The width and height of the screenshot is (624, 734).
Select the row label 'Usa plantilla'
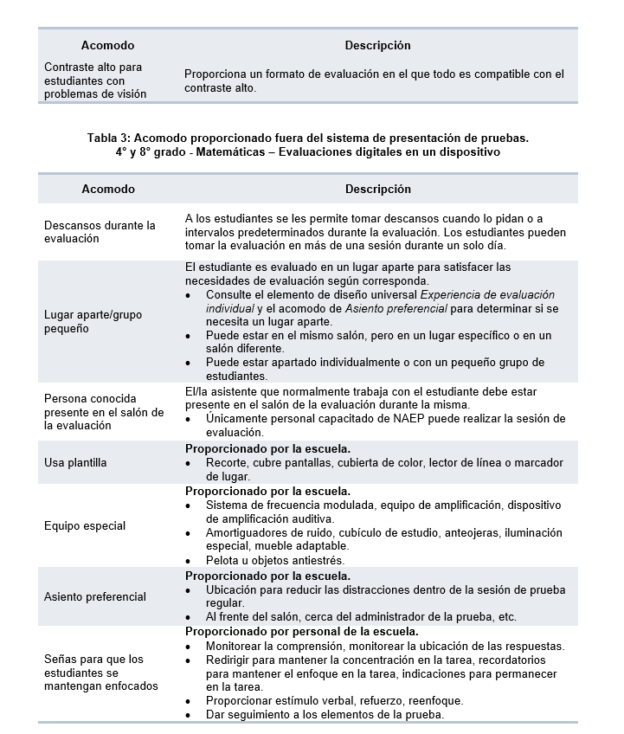(75, 463)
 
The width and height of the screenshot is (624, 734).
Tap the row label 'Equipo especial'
(85, 526)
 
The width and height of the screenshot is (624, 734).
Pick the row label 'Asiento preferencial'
(95, 597)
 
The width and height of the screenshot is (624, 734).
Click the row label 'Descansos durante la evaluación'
(100, 232)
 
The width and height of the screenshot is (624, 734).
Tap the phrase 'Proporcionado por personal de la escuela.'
(302, 633)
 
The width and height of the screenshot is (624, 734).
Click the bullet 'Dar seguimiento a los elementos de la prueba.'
(325, 715)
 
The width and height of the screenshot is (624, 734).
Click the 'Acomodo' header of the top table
(107, 45)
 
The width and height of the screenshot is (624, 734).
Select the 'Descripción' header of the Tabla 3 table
(378, 189)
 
